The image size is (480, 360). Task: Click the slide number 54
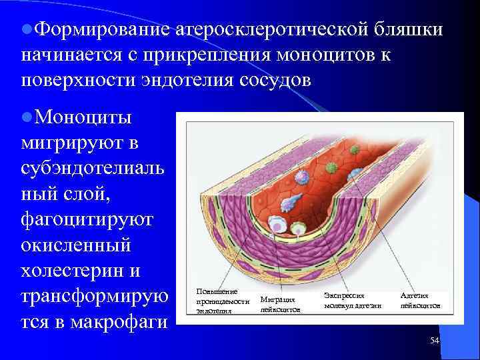435,341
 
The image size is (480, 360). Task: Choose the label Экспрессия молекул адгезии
352,300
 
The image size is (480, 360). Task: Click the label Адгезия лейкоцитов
420,300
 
